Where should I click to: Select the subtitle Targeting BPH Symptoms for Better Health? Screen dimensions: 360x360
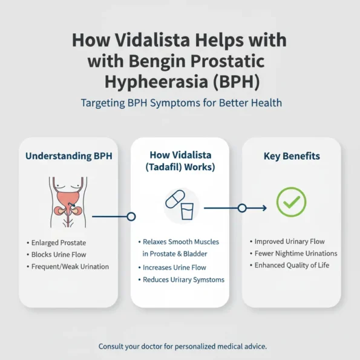point(181,103)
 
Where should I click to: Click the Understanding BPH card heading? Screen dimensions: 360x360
point(68,156)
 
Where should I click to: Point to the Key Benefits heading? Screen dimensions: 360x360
point(292,156)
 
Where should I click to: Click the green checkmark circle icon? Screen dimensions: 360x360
point(291,201)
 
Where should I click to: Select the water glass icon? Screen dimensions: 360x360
point(188,211)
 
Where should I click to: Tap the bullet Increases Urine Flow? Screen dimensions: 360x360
point(174,267)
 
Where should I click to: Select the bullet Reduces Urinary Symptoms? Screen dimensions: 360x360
point(183,280)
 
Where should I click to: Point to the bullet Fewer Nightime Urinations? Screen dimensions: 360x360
point(295,254)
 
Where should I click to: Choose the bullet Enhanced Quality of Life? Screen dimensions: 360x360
point(292,266)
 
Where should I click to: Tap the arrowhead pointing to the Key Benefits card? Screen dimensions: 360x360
point(263,208)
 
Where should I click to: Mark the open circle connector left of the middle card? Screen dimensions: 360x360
point(131,216)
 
